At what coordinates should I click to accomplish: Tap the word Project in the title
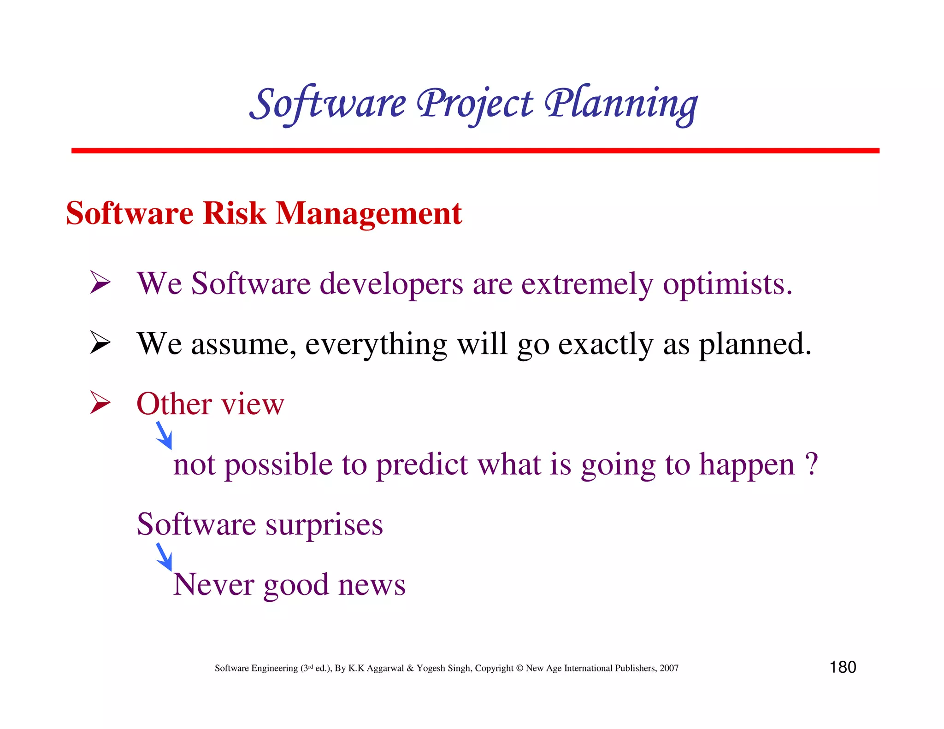point(475,104)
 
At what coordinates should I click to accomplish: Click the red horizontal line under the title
point(475,151)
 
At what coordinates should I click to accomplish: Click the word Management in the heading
point(368,214)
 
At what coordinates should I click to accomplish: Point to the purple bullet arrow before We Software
point(100,282)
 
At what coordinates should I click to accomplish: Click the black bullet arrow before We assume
point(100,343)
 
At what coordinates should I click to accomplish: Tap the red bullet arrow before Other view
point(100,402)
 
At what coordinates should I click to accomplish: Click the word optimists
point(727,284)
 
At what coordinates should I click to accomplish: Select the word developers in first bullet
point(391,284)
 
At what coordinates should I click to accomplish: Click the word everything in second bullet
point(376,345)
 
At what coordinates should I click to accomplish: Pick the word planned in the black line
point(754,345)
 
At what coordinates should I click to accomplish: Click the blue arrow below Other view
point(164,435)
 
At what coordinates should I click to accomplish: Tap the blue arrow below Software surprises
point(164,557)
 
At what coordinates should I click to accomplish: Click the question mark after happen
point(811,464)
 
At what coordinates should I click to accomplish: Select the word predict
point(422,465)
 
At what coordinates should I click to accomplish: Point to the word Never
point(213,584)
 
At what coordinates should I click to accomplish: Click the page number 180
point(843,667)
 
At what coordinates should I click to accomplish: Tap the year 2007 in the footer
point(669,668)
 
